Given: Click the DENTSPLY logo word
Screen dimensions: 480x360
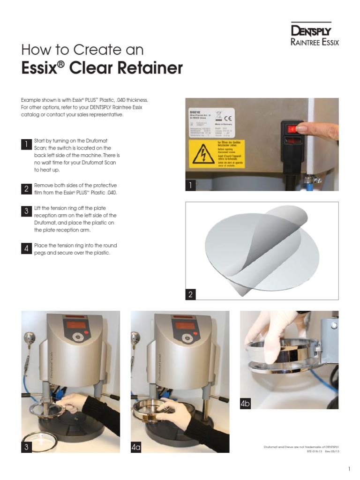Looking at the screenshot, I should tap(311, 31).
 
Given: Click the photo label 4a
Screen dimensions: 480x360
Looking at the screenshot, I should tap(136, 447).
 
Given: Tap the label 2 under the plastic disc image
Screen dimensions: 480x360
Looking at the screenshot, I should tap(190, 294).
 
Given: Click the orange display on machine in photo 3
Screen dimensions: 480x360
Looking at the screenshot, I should tap(77, 325).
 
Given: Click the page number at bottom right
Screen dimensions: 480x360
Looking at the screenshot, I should tap(349, 469).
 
